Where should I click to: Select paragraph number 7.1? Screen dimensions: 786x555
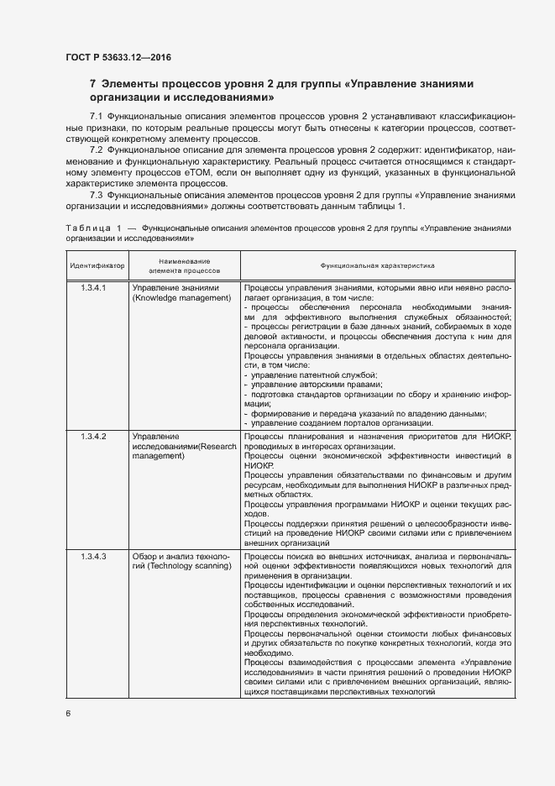(x=95, y=114)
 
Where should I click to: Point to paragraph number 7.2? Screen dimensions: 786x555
(x=95, y=149)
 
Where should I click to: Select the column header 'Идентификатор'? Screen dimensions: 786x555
(x=97, y=265)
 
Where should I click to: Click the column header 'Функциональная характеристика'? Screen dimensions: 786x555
(x=376, y=265)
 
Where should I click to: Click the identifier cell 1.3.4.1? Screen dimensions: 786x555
(x=93, y=289)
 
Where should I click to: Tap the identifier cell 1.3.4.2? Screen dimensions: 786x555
(x=93, y=438)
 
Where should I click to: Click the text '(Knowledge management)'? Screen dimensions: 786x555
(x=181, y=298)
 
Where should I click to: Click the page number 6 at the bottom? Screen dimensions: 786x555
(x=68, y=713)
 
